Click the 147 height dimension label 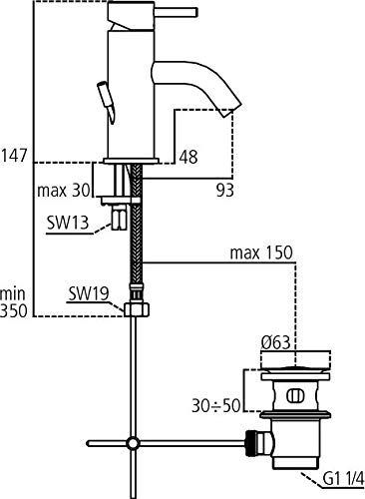(13, 156)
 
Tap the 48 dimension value (188, 157)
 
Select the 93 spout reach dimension (225, 191)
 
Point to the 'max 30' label (64, 191)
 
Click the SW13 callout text (68, 223)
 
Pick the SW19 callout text (89, 293)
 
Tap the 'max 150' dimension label (261, 252)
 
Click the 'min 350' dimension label (13, 302)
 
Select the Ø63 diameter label (275, 342)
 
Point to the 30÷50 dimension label (215, 405)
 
